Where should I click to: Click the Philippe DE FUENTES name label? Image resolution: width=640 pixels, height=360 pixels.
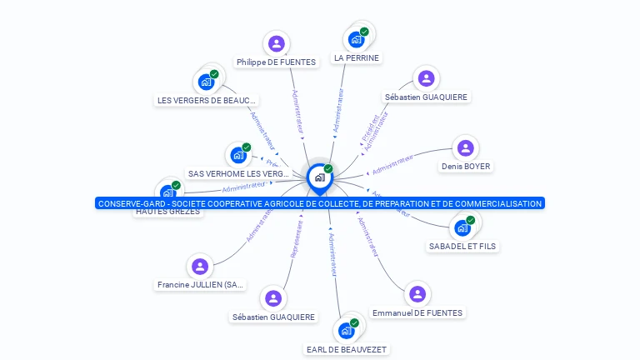(x=276, y=62)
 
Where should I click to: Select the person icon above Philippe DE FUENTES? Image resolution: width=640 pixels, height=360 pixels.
(x=276, y=43)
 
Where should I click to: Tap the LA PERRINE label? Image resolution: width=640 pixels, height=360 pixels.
(x=356, y=58)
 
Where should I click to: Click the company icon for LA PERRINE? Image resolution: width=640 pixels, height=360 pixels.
(x=357, y=39)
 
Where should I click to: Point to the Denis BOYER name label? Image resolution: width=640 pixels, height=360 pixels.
(x=466, y=166)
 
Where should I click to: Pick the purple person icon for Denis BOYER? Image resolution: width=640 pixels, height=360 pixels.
(x=466, y=148)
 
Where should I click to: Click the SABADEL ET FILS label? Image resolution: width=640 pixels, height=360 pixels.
(x=462, y=246)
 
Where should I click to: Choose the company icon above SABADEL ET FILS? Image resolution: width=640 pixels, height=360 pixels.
(x=463, y=227)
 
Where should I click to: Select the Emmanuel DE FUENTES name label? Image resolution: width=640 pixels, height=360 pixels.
(x=417, y=312)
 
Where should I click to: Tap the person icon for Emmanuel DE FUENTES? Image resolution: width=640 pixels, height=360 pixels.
(x=417, y=294)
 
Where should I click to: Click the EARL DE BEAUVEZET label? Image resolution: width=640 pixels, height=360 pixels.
(x=346, y=349)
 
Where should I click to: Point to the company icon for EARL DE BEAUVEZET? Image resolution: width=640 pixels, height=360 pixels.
(x=347, y=330)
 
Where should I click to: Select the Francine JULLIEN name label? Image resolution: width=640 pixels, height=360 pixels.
(x=200, y=285)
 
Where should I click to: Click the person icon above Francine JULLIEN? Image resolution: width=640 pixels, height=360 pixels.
(x=199, y=267)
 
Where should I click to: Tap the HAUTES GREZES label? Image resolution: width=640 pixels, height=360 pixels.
(x=167, y=212)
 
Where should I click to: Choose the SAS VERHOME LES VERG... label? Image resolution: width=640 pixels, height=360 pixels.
(x=238, y=173)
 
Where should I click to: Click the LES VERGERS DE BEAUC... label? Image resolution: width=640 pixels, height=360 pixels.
(x=207, y=100)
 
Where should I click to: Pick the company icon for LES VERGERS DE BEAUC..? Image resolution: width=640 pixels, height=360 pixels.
(x=206, y=82)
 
